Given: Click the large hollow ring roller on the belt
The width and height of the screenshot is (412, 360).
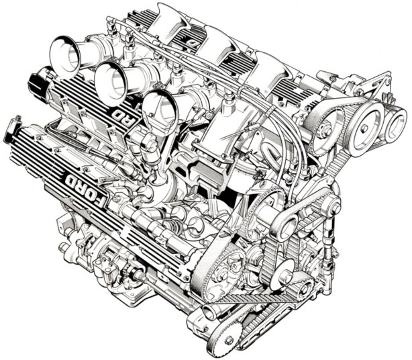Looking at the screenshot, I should (285, 225).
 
